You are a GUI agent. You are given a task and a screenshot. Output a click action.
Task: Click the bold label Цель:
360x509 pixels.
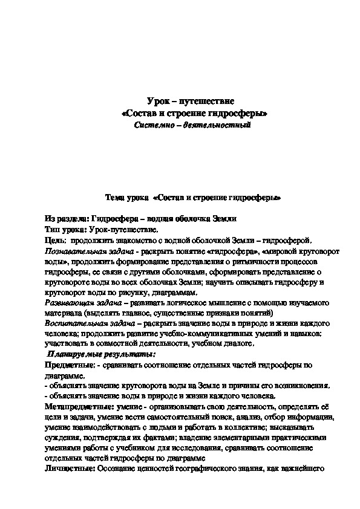point(55,241)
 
